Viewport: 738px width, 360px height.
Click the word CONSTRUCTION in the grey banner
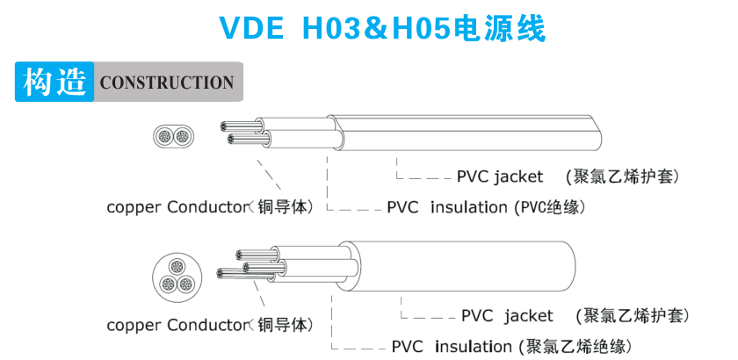tap(167, 83)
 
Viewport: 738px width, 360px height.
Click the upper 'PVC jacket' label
tap(500, 176)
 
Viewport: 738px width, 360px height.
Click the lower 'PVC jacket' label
tap(507, 315)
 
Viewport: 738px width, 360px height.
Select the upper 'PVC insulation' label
tap(447, 207)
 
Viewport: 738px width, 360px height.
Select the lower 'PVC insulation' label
tap(452, 345)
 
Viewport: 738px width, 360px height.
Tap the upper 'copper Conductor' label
tap(175, 207)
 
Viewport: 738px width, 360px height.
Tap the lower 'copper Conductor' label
tap(176, 325)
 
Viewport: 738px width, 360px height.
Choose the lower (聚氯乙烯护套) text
tap(632, 315)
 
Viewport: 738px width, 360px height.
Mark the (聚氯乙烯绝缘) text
tap(573, 345)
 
